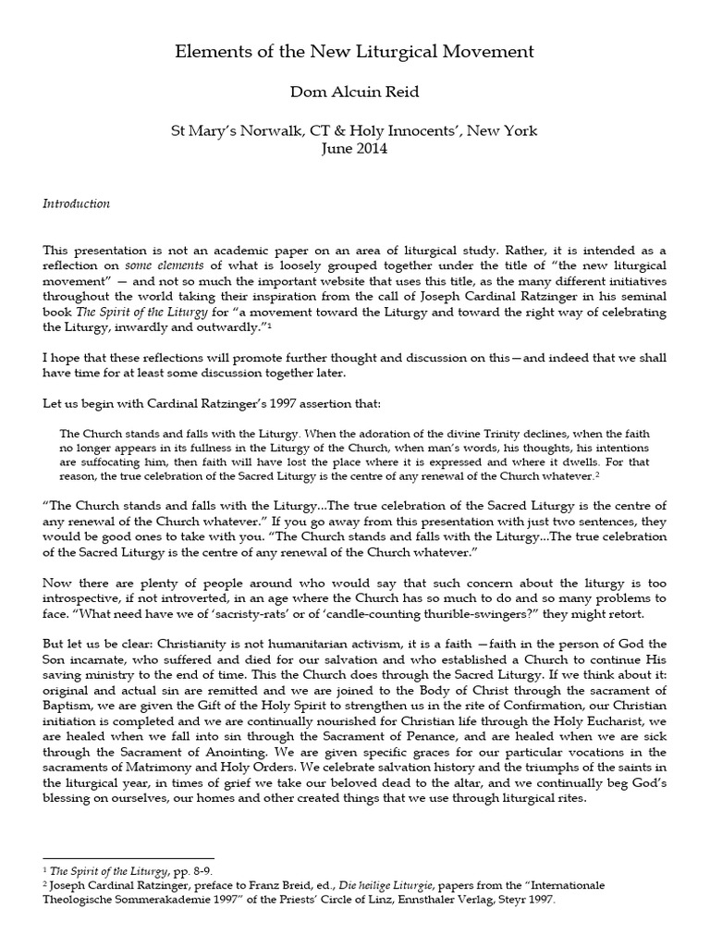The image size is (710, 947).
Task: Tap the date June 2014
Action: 355,149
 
